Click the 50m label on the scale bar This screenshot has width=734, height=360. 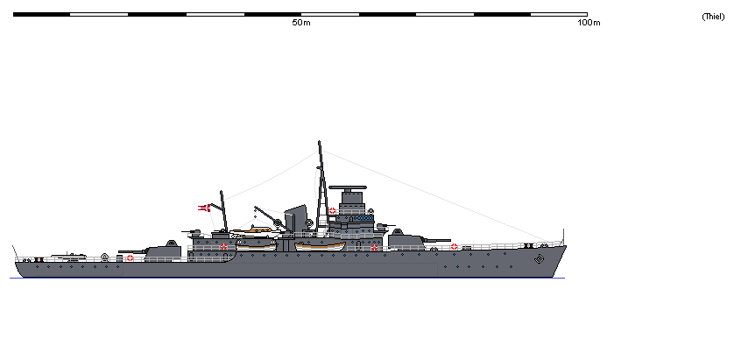tap(301, 23)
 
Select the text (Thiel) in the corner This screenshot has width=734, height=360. tap(712, 17)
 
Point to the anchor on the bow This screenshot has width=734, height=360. tap(539, 259)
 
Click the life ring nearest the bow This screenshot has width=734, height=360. tap(454, 246)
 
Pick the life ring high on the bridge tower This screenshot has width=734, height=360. tap(333, 210)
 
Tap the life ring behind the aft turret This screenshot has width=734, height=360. tap(131, 258)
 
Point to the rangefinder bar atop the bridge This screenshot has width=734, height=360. tap(349, 186)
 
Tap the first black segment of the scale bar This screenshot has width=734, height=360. tap(41, 15)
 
